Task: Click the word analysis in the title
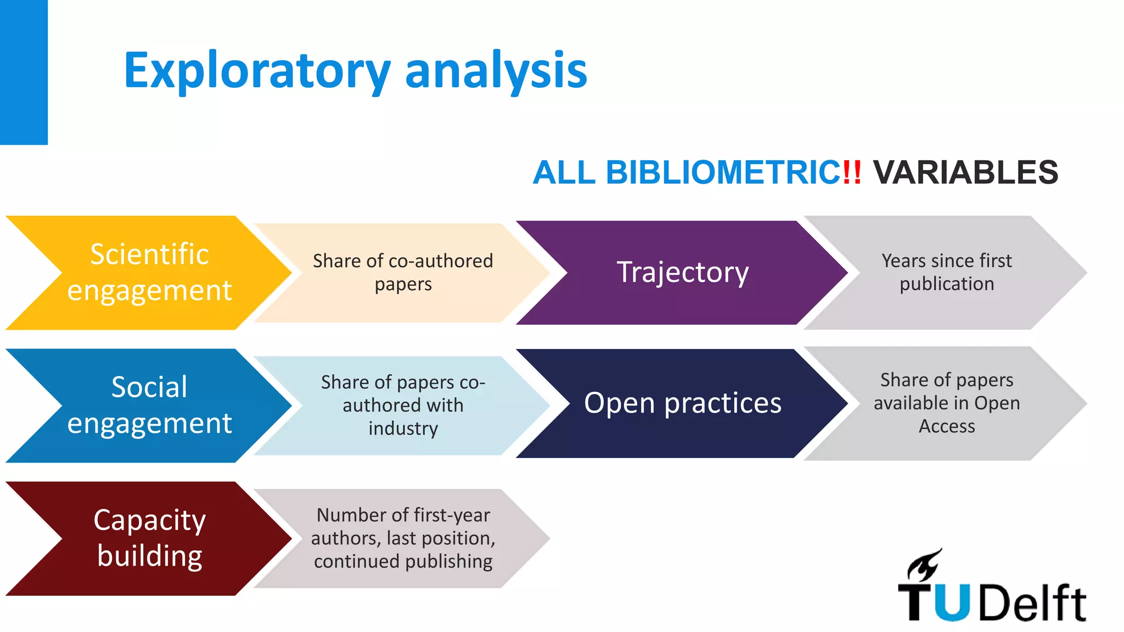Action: coord(496,70)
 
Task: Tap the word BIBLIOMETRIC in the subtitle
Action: coord(723,172)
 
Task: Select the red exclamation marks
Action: coord(852,172)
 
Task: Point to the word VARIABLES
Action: coord(965,172)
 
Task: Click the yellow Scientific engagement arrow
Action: coord(149,272)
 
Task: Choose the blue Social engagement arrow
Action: coord(149,405)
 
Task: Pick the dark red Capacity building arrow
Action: coord(149,538)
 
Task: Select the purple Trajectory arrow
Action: coord(682,272)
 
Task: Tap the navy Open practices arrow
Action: coord(682,403)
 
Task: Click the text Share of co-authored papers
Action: coord(403,272)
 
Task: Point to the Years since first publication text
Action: coord(947,272)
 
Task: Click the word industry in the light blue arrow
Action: coord(403,428)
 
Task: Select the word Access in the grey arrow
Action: coord(947,426)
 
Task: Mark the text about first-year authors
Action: coord(403,538)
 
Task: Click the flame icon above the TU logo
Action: coord(925,565)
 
